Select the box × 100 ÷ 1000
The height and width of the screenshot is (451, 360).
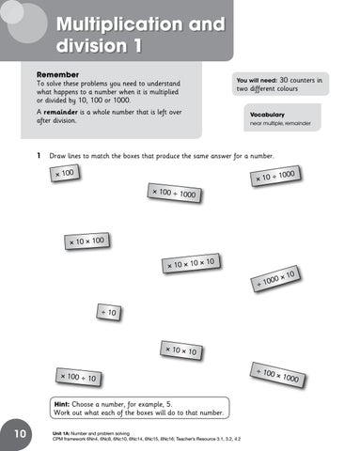pyautogui.click(x=174, y=194)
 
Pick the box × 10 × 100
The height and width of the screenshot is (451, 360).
pyautogui.click(x=86, y=242)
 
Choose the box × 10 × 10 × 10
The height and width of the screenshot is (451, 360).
pyautogui.click(x=191, y=263)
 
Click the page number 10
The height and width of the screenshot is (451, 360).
pyautogui.click(x=20, y=435)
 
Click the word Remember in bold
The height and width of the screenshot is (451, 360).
pyautogui.click(x=58, y=72)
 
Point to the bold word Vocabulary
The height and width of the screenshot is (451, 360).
pyautogui.click(x=268, y=114)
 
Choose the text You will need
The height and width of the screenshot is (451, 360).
pyautogui.click(x=257, y=82)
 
